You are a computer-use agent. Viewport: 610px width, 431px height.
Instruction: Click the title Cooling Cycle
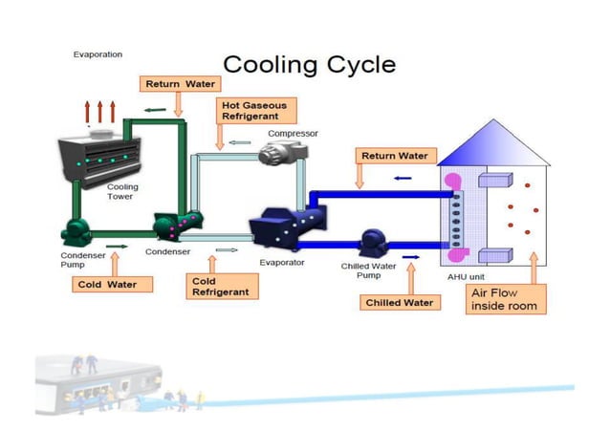pos(309,64)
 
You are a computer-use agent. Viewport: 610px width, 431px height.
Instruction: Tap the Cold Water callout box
pos(112,284)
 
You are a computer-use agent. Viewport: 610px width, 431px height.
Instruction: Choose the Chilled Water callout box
pos(400,302)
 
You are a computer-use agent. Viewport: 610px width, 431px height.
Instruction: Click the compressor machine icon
pos(283,151)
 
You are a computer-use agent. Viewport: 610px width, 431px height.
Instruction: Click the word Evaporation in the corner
pos(98,54)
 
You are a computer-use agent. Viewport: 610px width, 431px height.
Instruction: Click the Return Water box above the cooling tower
pos(180,84)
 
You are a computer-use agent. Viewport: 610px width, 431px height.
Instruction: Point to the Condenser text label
pos(167,252)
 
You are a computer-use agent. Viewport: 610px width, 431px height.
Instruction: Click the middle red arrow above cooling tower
pos(98,110)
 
